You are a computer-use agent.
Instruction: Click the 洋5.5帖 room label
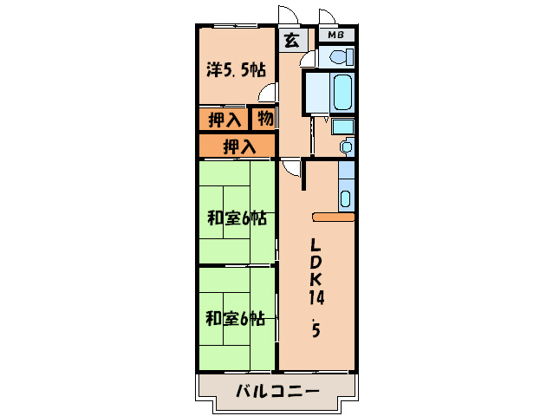pyautogui.click(x=235, y=70)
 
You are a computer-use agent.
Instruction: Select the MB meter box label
pyautogui.click(x=336, y=36)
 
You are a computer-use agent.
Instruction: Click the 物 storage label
pyautogui.click(x=264, y=118)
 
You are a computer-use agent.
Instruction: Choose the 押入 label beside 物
pyautogui.click(x=224, y=119)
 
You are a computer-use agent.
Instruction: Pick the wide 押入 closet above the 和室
pyautogui.click(x=237, y=146)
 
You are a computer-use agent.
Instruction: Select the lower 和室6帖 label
pyautogui.click(x=235, y=318)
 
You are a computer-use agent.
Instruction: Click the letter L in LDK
pyautogui.click(x=316, y=244)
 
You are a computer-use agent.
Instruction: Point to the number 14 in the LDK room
pyautogui.click(x=316, y=296)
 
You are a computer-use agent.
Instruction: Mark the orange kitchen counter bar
pyautogui.click(x=333, y=218)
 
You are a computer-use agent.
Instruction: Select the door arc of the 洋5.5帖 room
pyautogui.click(x=270, y=92)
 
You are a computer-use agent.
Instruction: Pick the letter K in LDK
pyautogui.click(x=316, y=278)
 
